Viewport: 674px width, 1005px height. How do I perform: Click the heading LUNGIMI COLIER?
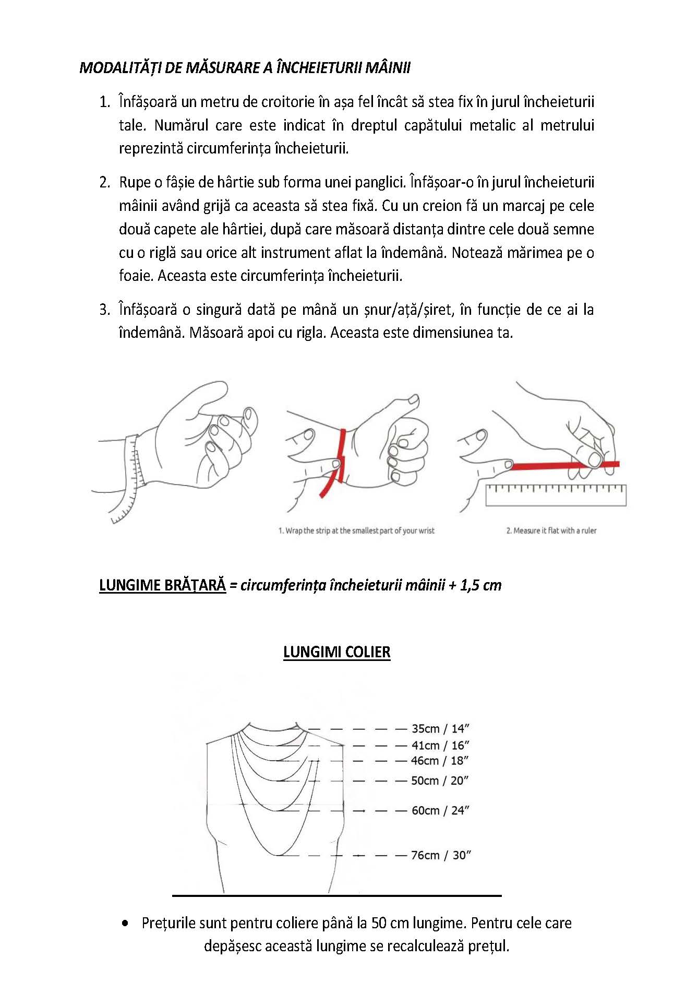coord(336,652)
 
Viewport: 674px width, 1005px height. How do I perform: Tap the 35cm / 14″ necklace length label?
coord(441,728)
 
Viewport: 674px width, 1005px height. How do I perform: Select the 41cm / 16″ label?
coord(441,745)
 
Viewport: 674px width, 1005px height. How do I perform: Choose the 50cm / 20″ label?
coord(440,781)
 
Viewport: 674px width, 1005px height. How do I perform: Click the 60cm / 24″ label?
coord(441,810)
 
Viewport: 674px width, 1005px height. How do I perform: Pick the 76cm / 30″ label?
coord(441,855)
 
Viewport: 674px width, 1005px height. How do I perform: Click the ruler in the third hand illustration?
coord(556,495)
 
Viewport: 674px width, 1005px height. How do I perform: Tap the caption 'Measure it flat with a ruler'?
coord(551,530)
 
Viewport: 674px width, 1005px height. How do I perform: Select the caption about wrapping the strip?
coord(356,530)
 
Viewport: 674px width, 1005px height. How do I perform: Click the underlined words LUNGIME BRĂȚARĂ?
coord(162,585)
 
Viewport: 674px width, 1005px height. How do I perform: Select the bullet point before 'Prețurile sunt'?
coord(125,923)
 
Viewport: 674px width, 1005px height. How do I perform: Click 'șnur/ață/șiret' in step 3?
coord(407,310)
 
